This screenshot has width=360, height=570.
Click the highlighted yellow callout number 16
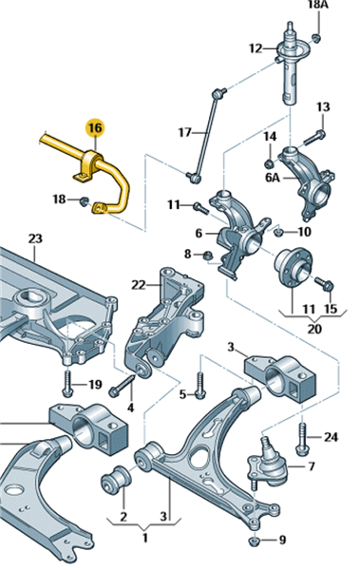point(95,128)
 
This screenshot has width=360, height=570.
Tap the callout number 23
point(35,238)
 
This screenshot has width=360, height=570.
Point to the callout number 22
point(138,285)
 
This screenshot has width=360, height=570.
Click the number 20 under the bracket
point(314,329)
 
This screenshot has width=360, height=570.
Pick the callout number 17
point(184,132)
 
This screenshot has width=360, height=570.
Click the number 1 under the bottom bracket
point(145,538)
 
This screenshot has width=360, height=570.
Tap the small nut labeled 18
point(85,200)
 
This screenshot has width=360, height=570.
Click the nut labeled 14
point(270,163)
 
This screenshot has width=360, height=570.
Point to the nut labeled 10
point(278,231)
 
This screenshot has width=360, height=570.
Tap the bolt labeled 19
point(67,383)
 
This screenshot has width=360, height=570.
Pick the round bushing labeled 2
point(115,479)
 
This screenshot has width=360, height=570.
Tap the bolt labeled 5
point(199,386)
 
